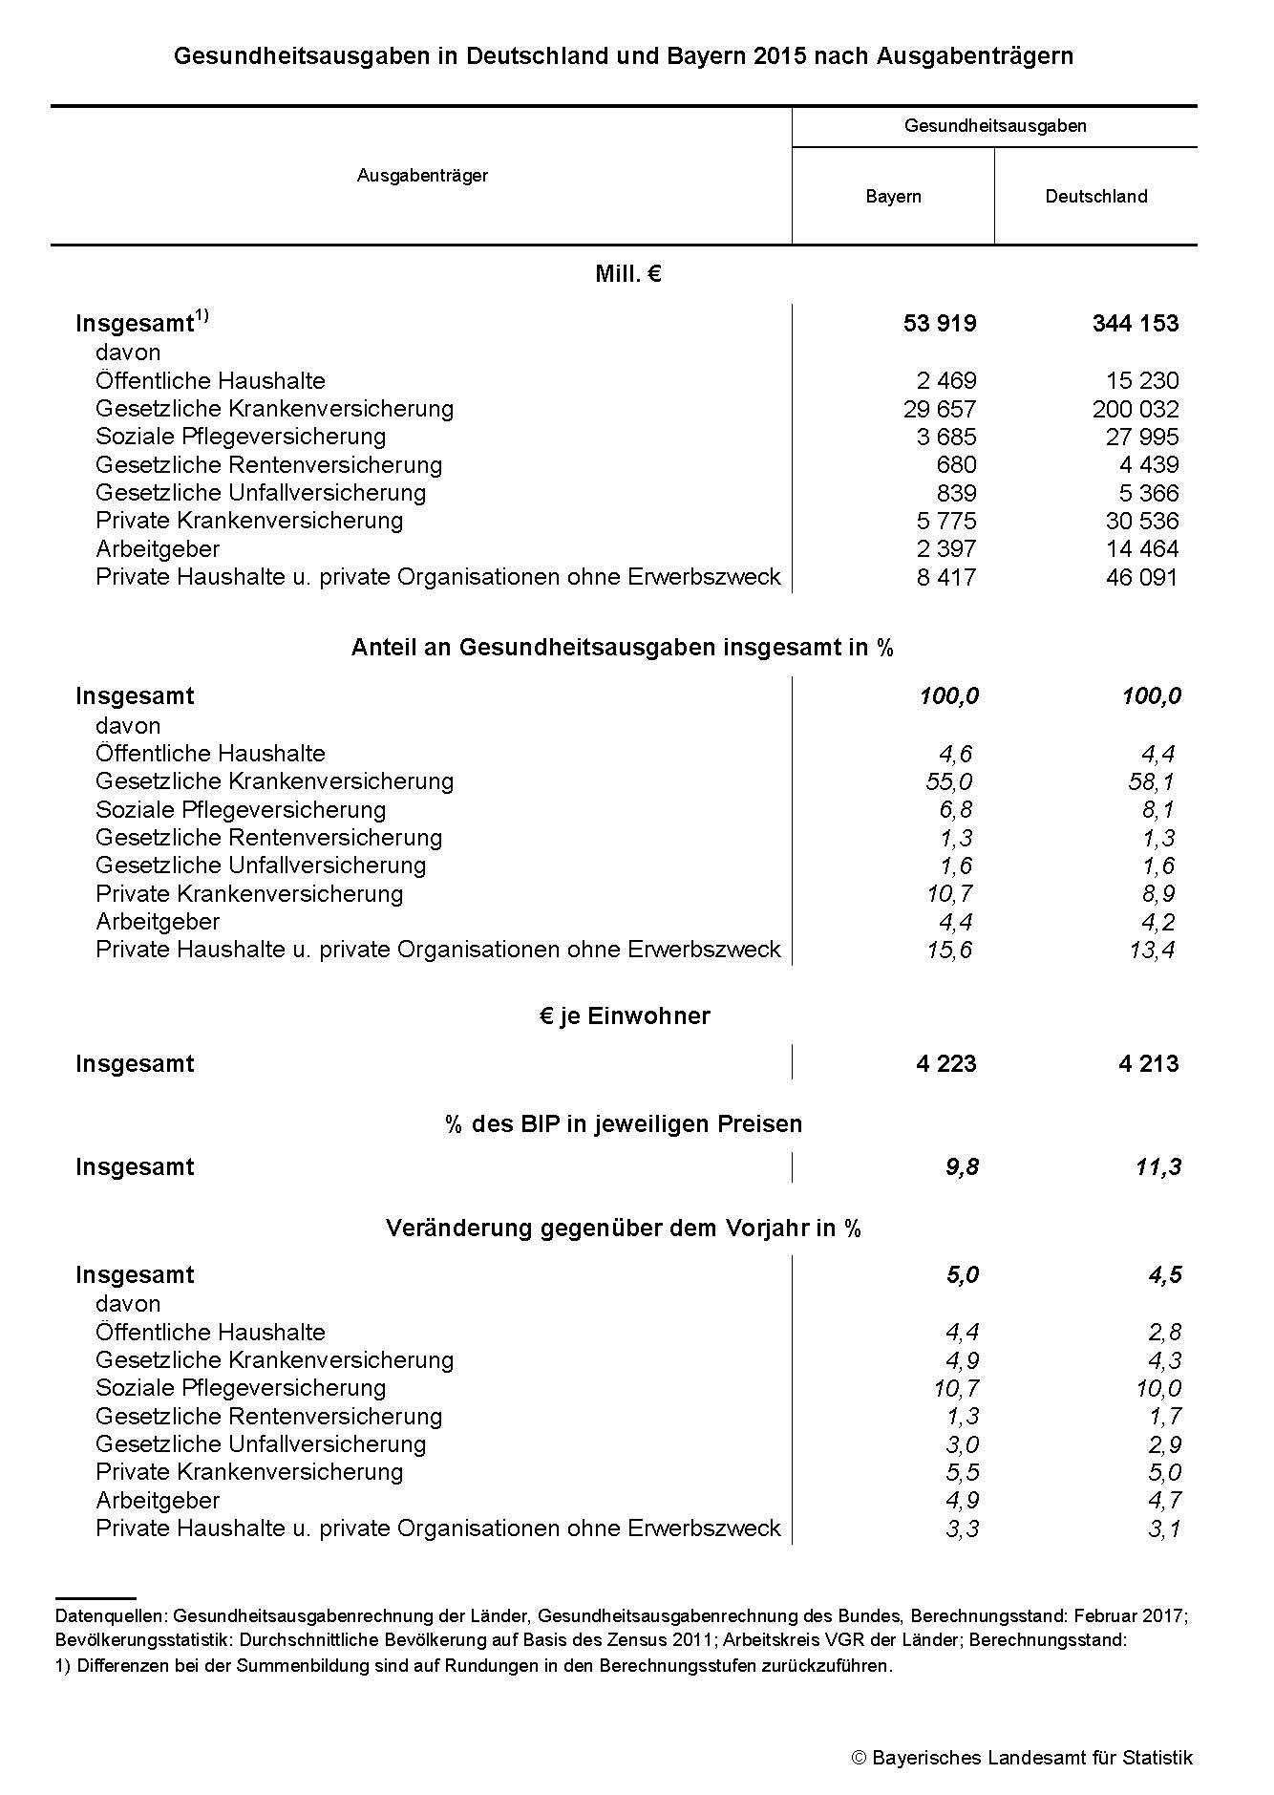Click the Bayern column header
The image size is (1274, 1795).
[893, 197]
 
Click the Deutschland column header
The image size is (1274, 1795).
[1095, 197]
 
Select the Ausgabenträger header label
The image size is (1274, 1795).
[422, 176]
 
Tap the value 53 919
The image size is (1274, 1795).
[940, 324]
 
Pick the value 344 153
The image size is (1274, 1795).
[1136, 324]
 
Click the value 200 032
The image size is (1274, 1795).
[1136, 410]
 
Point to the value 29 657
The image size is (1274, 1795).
[940, 410]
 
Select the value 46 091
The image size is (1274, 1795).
[1141, 578]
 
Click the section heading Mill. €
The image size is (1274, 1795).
[628, 275]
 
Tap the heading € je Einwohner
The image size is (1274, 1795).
[625, 1016]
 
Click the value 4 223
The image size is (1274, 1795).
[945, 1064]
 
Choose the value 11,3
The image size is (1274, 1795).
[1158, 1167]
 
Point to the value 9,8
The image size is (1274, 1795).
[962, 1167]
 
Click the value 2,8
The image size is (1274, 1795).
[1164, 1333]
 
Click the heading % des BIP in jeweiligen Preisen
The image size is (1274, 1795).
[624, 1124]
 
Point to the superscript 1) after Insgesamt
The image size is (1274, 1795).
[202, 316]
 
